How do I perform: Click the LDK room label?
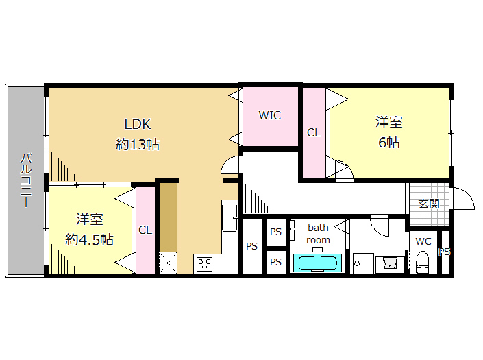(x=138, y=124)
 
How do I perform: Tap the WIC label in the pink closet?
(x=269, y=115)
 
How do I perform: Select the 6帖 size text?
(x=388, y=143)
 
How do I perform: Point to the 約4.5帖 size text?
(x=89, y=239)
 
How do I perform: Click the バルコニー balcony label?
(x=26, y=180)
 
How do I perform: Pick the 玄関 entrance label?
(x=428, y=204)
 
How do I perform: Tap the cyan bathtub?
(x=318, y=263)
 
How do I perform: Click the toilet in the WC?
(x=422, y=262)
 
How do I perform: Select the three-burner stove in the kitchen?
(x=204, y=264)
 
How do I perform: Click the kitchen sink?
(x=230, y=217)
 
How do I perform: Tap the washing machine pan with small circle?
(x=363, y=263)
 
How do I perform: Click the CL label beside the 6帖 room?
(x=314, y=133)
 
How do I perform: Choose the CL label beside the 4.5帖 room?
(x=145, y=230)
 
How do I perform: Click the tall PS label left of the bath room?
(x=251, y=246)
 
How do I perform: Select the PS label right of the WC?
(x=445, y=252)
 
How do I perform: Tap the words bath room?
(x=318, y=234)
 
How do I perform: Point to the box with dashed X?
(x=168, y=263)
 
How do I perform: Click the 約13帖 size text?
(x=138, y=144)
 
